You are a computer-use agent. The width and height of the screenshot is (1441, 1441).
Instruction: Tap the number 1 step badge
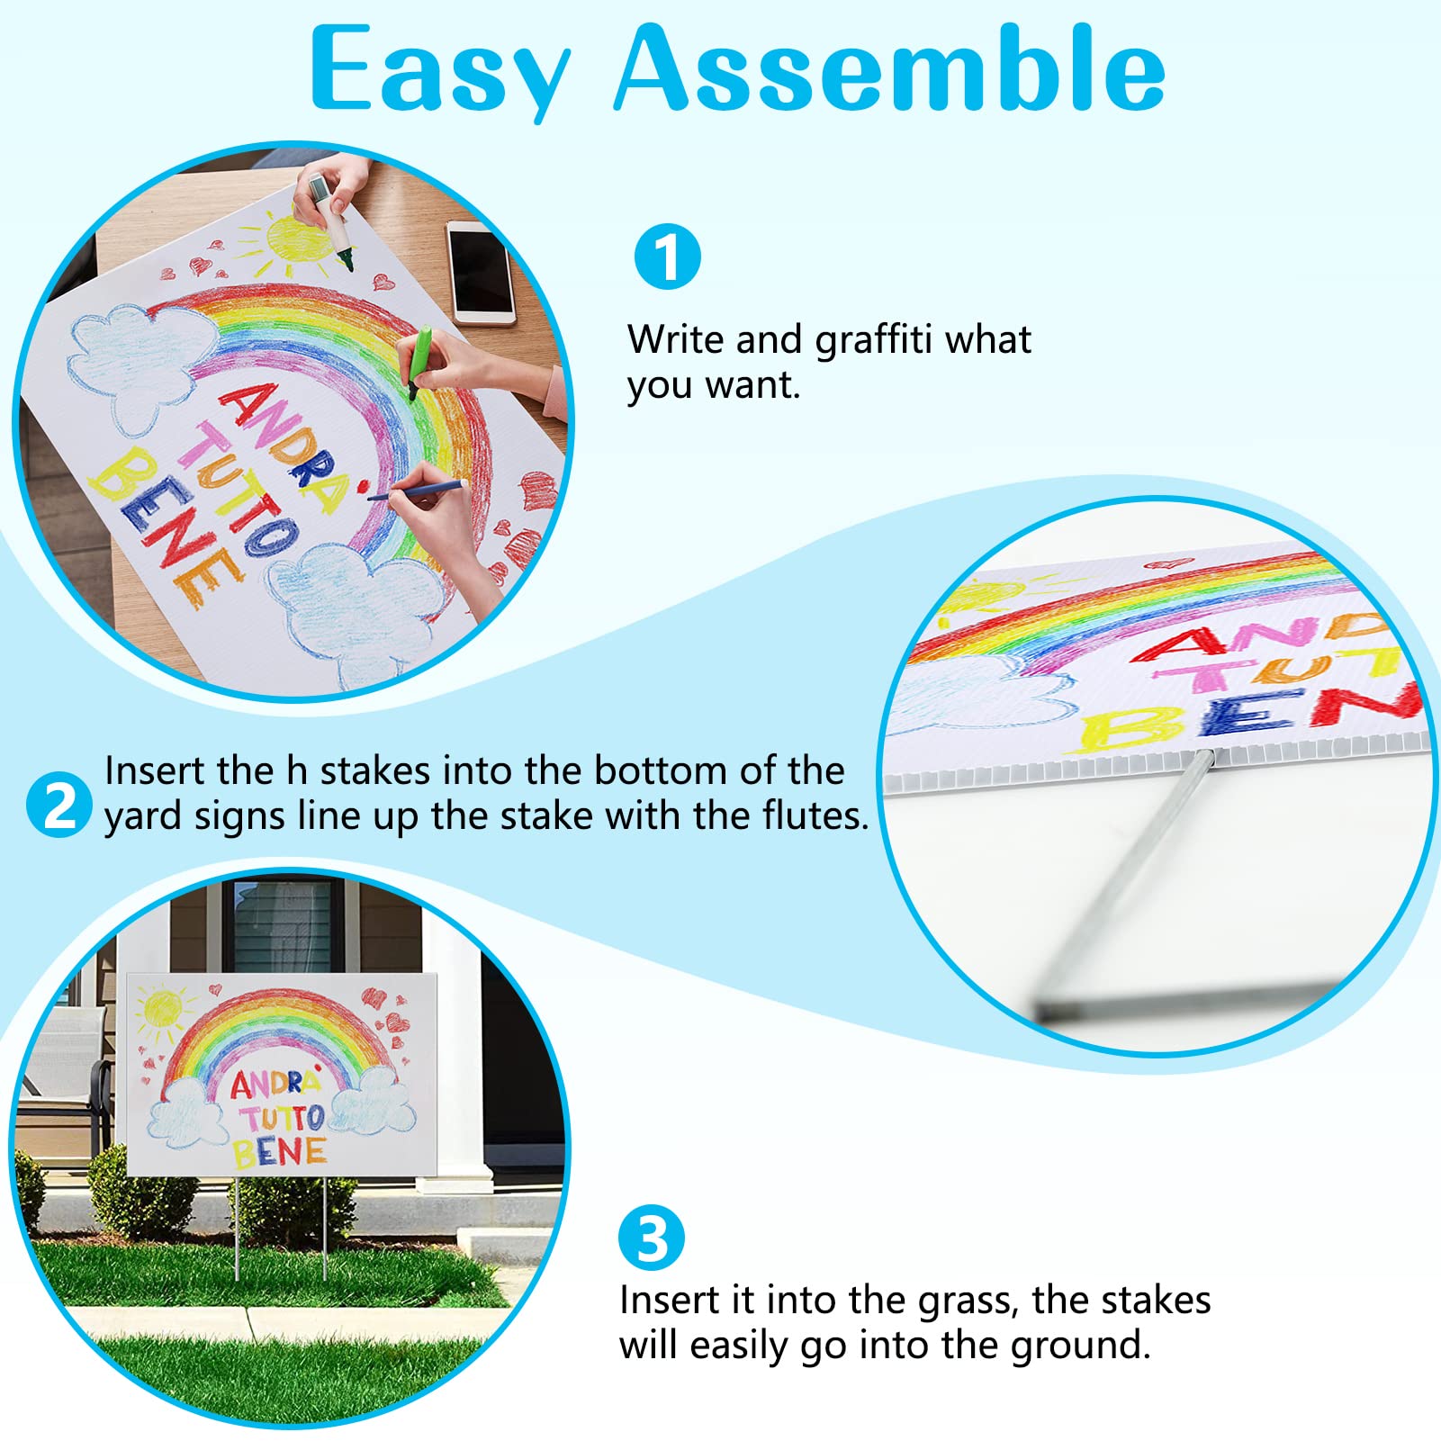coord(667,257)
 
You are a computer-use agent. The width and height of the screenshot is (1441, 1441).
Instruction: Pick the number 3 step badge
coord(652,1238)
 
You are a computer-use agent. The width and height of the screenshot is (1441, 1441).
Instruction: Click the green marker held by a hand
coord(419,360)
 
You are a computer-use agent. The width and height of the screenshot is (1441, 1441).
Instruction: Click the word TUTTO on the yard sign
coord(282,1119)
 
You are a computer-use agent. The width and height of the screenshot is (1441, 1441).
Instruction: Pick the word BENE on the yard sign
coord(279,1152)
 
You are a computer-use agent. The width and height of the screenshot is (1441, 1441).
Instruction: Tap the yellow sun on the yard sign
coord(162,1008)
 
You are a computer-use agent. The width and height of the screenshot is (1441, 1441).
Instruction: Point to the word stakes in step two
coord(375,771)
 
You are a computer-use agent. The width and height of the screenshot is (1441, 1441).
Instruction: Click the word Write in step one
coord(675,340)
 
